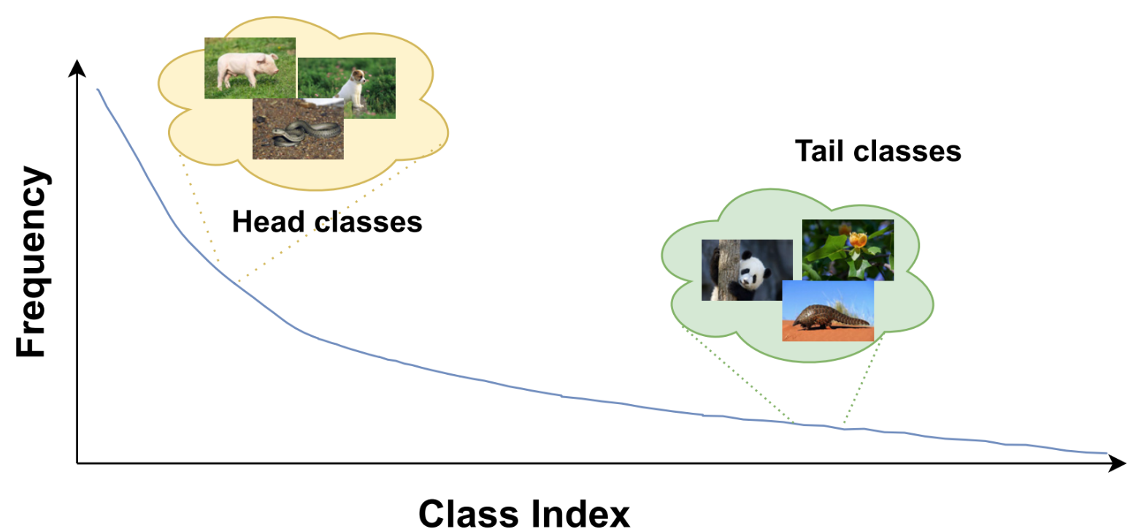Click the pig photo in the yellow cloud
coord(249,67)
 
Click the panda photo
coord(746,270)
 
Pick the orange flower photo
coord(848,248)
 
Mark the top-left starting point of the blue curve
coord(98,90)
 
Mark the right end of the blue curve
coord(1106,453)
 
